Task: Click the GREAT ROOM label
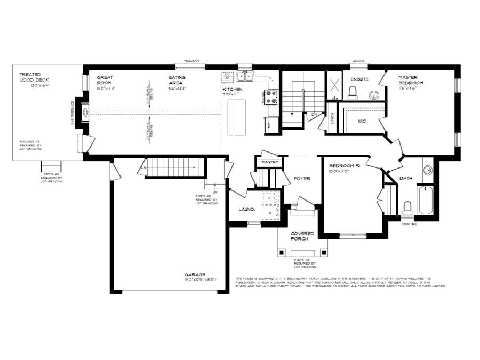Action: coord(105,81)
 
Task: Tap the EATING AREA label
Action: coord(177,81)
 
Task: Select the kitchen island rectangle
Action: coord(236,118)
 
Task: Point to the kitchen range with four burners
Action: coord(271,97)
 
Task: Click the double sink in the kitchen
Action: coord(245,76)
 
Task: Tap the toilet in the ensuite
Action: coord(352,94)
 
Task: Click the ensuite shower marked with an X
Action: coord(335,85)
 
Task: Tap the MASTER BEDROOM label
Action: coord(411,81)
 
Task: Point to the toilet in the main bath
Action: coord(407,206)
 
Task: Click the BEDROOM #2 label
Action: coord(345,166)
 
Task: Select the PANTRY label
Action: coord(270,162)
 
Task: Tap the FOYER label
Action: coord(302,179)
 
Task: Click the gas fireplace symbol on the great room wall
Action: coord(85,113)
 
